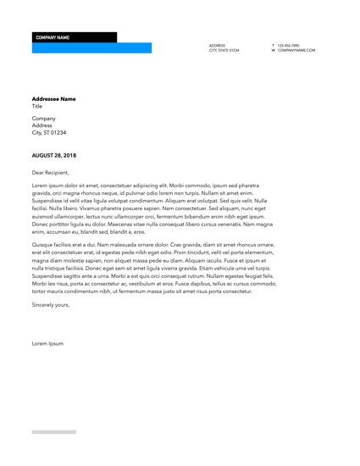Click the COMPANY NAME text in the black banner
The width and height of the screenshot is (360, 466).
tap(53, 38)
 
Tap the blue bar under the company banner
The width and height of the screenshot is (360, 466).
tap(91, 48)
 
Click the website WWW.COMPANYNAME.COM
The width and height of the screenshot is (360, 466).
tap(296, 51)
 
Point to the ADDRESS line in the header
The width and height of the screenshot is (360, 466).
tap(217, 45)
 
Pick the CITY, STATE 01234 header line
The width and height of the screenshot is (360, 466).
tap(224, 51)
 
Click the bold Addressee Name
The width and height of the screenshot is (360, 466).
tap(53, 99)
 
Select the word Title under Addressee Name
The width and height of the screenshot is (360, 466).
tap(37, 107)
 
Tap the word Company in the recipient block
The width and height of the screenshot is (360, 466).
tap(43, 119)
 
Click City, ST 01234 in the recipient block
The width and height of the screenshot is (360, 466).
tap(49, 133)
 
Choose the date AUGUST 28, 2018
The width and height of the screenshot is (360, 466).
tap(53, 156)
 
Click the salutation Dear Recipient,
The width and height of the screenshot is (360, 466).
tap(50, 172)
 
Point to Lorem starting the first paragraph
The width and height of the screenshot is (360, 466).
tap(39, 185)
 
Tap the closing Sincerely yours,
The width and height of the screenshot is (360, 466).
tap(51, 304)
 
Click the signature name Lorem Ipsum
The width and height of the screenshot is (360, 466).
tap(47, 343)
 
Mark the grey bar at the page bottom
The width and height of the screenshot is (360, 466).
tap(53, 432)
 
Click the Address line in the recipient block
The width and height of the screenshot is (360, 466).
tap(42, 125)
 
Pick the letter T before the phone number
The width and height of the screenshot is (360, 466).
tap(273, 45)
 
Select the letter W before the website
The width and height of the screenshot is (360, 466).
tap(274, 51)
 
